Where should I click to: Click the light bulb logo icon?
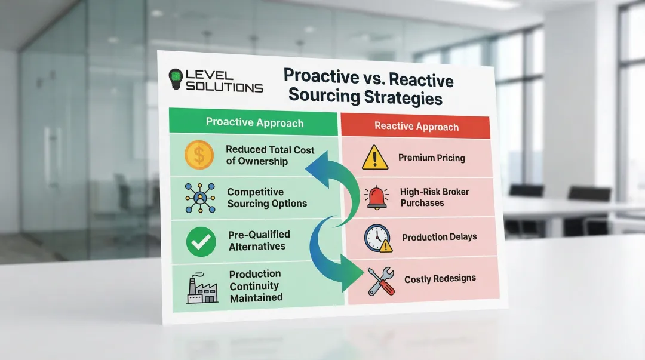click(x=176, y=79)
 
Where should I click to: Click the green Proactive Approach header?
click(x=255, y=123)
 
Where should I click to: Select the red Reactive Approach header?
click(x=416, y=127)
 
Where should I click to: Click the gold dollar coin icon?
click(x=199, y=155)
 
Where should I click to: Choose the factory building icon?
click(x=202, y=289)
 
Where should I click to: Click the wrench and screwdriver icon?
click(x=380, y=280)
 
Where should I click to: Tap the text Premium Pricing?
click(x=431, y=158)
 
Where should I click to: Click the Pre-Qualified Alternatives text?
click(x=259, y=241)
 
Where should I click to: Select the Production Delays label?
click(x=439, y=237)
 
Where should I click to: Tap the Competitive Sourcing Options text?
click(x=266, y=198)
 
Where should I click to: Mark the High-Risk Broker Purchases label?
click(x=434, y=197)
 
